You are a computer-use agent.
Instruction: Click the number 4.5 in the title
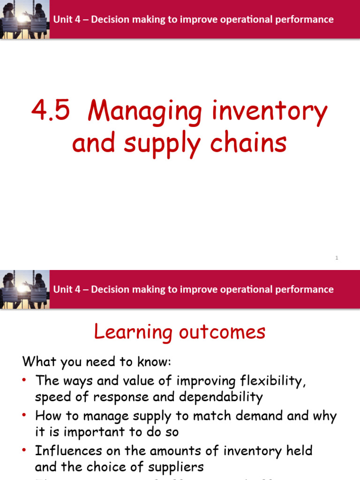[x=51, y=112]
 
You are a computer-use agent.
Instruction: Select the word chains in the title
[x=252, y=143]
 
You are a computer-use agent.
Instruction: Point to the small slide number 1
[x=337, y=258]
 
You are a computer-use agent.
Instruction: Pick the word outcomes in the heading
[x=222, y=332]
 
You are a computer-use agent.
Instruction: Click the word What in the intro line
[x=38, y=361]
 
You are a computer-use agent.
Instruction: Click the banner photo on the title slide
[x=24, y=19]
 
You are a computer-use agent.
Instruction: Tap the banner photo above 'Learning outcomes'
[x=24, y=289]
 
